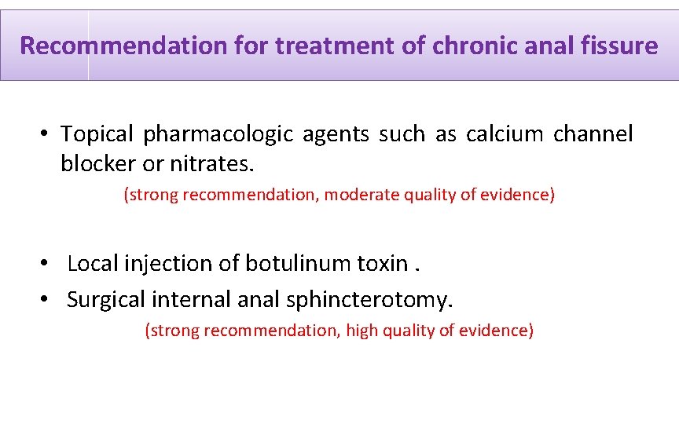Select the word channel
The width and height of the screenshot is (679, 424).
(593, 134)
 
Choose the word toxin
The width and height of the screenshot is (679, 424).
(382, 263)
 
